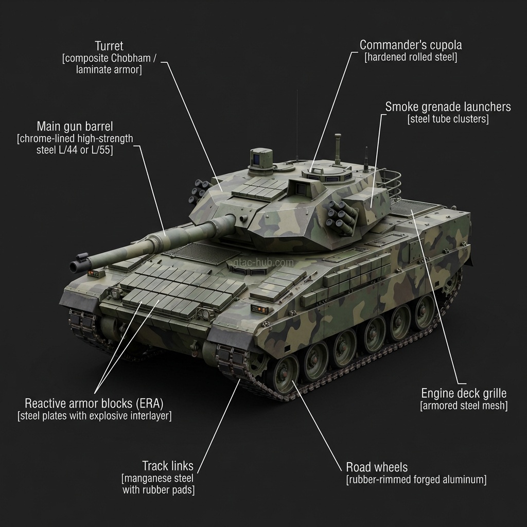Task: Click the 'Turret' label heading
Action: (109, 46)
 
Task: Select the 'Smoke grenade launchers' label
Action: (448, 107)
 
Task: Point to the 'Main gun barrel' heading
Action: (75, 126)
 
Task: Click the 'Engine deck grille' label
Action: (464, 393)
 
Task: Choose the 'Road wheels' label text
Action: (377, 467)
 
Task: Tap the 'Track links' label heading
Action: (168, 466)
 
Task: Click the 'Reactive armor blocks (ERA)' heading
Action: (97, 403)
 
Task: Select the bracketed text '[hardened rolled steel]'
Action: (410, 57)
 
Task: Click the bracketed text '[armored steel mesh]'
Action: (464, 406)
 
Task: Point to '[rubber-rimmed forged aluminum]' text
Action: (416, 480)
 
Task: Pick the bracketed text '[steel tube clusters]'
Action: (448, 119)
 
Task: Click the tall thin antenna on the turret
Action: (297, 124)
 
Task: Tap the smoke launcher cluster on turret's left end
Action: (199, 191)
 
